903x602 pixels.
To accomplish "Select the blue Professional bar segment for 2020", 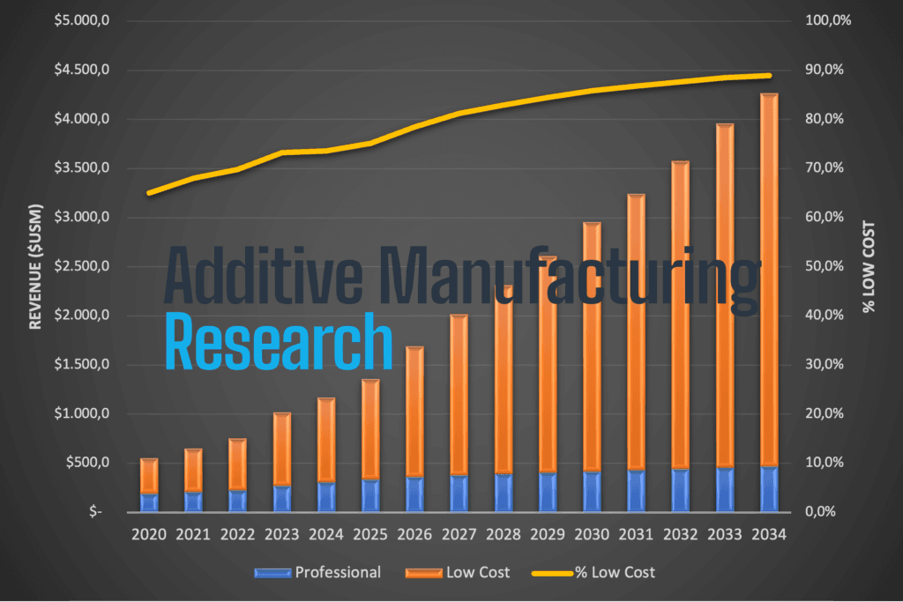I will coord(149,502).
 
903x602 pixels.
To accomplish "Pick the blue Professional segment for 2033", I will coord(725,489).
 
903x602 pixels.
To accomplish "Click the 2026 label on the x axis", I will coord(414,534).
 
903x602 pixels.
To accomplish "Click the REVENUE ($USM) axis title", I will coord(36,266).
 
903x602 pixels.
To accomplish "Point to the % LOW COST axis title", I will coord(869,266).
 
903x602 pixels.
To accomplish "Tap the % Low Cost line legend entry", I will coord(593,573).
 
